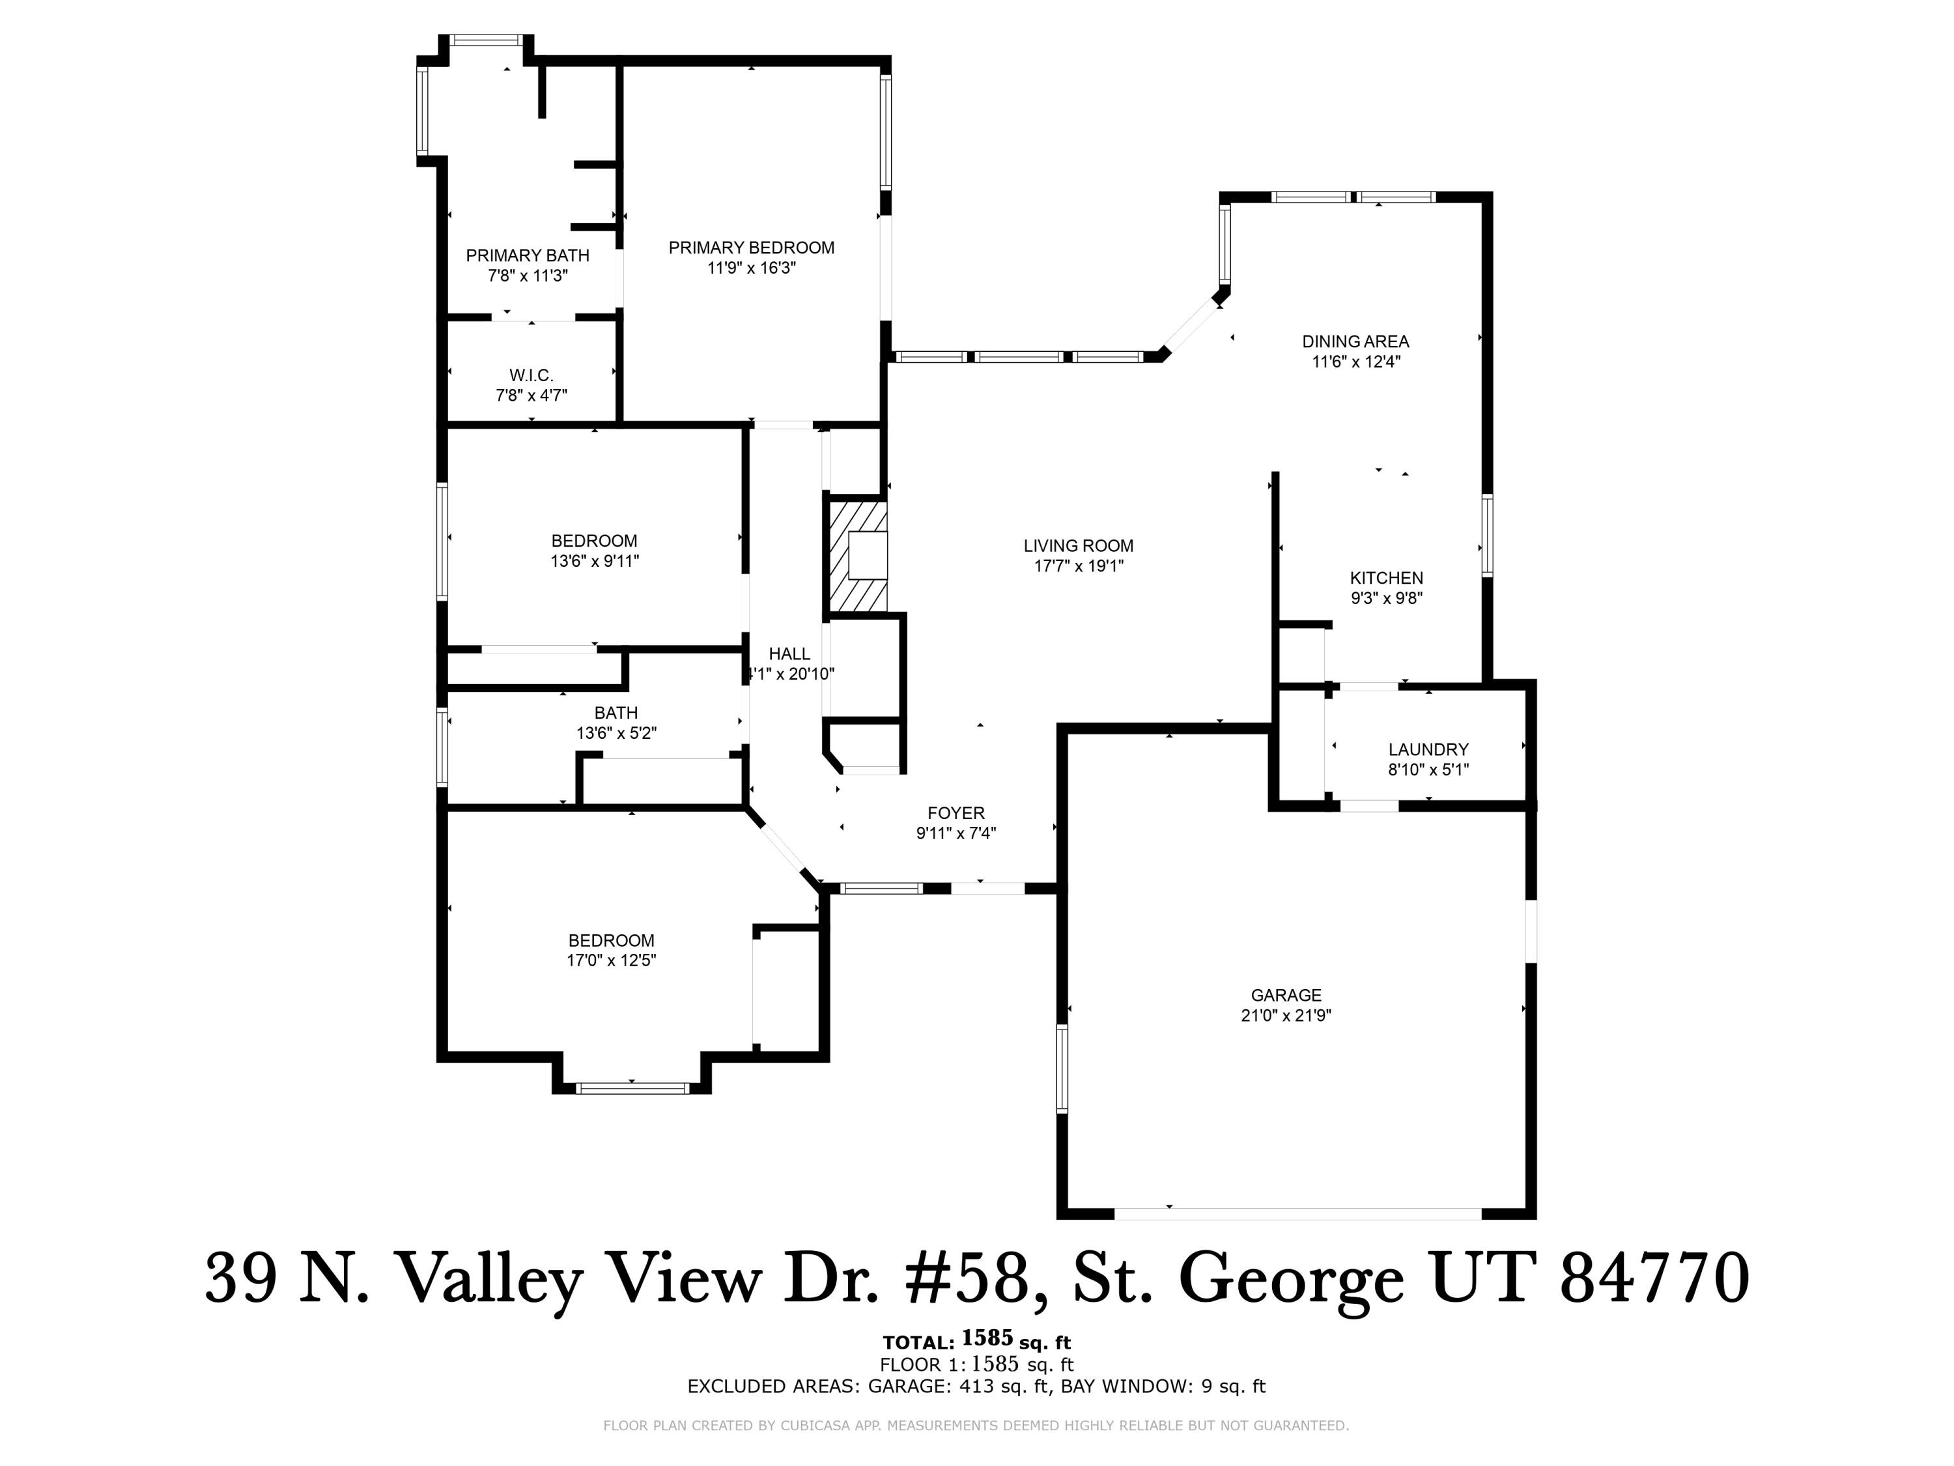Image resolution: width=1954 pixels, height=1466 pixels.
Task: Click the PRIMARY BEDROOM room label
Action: pos(751,248)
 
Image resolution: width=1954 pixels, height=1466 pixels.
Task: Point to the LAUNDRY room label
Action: pos(1428,749)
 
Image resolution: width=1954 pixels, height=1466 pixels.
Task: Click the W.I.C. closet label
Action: pos(531,375)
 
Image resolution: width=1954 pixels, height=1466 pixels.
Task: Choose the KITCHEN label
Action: pos(1386,578)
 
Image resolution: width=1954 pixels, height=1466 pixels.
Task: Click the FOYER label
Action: pos(956,813)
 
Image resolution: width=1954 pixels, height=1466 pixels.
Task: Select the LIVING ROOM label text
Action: pos(1078,546)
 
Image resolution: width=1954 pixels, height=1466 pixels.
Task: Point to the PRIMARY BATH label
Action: pos(528,255)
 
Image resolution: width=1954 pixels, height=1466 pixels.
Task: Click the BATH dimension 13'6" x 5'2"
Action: pos(616,732)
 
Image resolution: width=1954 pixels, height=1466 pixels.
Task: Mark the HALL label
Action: pos(789,654)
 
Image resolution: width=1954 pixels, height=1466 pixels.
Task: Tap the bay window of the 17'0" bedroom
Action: pos(632,1088)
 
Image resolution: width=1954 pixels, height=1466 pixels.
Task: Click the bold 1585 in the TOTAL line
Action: pos(987,1337)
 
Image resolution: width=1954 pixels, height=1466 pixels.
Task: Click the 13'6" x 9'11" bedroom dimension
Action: pos(595,561)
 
